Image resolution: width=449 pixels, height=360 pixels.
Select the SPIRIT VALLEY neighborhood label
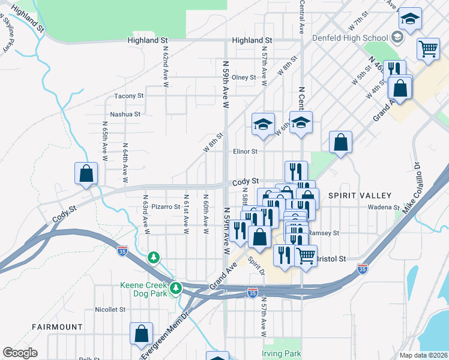[360, 196]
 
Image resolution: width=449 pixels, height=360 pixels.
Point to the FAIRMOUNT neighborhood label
[58, 327]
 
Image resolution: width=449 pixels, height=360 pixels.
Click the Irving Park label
[282, 353]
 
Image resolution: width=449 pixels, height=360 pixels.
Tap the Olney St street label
[244, 77]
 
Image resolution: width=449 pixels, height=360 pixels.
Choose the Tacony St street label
[129, 96]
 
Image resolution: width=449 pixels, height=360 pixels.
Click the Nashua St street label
[125, 114]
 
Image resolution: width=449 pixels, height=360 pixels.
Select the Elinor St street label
[245, 152]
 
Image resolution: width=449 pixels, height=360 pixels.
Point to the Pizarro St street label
[166, 207]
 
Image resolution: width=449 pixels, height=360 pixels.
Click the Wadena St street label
[385, 208]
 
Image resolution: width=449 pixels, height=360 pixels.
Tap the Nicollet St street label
[110, 310]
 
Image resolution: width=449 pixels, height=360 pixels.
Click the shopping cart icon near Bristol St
[306, 255]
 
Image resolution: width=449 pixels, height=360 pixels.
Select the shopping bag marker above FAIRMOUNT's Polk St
[142, 334]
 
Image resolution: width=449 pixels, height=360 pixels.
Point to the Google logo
[20, 353]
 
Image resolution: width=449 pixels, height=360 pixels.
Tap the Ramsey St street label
[324, 233]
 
